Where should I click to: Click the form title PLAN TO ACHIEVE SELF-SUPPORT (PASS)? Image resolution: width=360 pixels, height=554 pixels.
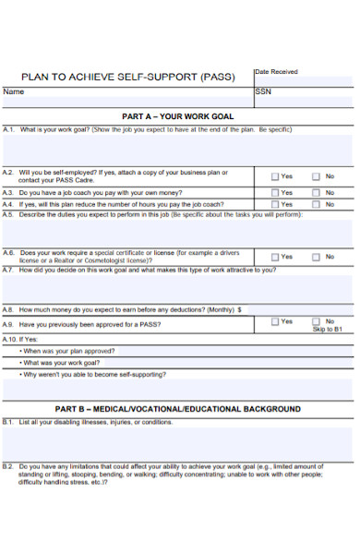[127, 77]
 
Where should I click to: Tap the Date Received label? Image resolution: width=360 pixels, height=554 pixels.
[276, 71]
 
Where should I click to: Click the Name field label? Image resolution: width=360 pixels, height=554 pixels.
[14, 92]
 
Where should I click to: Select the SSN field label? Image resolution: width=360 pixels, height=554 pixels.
[263, 92]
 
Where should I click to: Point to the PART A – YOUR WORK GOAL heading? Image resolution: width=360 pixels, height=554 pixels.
[178, 117]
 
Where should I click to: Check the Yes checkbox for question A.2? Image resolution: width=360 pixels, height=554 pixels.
[275, 176]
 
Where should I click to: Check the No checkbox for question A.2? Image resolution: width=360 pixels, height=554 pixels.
[316, 176]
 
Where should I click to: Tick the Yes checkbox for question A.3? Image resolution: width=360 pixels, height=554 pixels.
[275, 193]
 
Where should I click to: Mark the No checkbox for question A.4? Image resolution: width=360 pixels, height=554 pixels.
[316, 204]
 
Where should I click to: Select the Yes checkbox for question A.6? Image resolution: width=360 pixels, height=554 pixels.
[275, 257]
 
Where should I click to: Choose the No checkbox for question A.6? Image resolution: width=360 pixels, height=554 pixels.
[316, 257]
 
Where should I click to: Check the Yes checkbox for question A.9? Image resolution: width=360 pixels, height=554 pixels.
[275, 322]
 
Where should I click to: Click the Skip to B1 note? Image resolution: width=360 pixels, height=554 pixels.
[327, 330]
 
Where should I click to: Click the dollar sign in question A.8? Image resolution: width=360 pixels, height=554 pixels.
[239, 311]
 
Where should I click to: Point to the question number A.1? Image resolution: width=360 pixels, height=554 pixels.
[9, 130]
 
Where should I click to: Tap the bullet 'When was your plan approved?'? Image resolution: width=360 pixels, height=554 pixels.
[68, 352]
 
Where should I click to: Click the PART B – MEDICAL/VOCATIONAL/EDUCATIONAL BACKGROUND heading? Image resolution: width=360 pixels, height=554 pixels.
[177, 408]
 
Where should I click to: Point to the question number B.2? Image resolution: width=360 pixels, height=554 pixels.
[9, 467]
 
